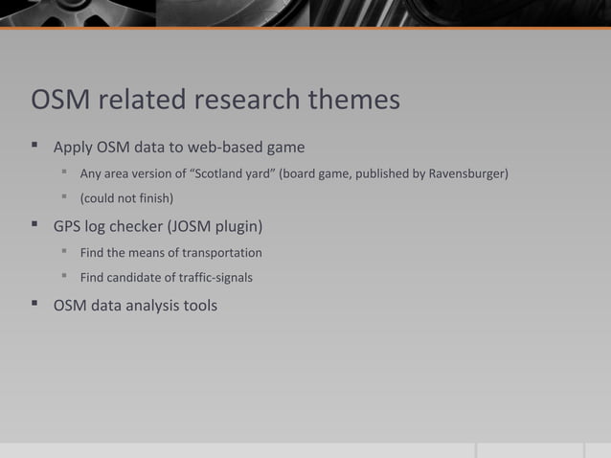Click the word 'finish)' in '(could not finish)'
pos(154,199)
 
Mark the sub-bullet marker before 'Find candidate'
pos(66,279)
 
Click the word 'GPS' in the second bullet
pos(69,227)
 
